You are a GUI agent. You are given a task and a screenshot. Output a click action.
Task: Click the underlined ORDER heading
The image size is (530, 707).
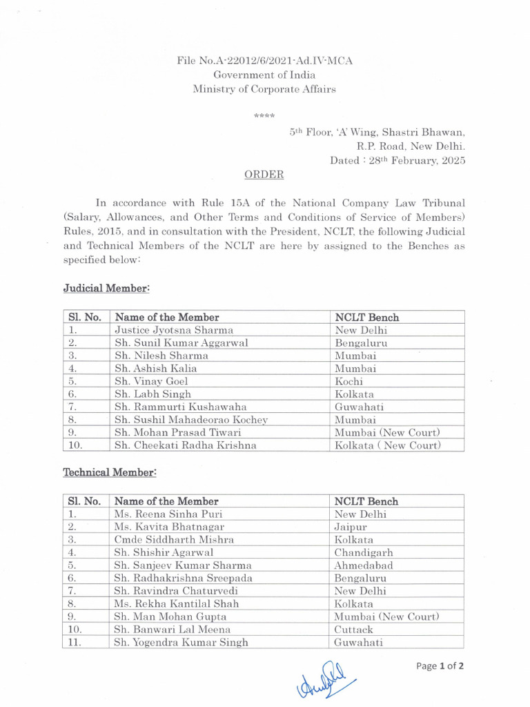coord(265,175)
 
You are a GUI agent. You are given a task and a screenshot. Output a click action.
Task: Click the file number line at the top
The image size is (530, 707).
coord(265,61)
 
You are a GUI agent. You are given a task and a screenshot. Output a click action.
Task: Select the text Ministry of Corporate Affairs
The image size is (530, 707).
coord(265,89)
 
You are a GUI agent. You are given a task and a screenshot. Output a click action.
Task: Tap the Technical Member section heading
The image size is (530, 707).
coord(110,472)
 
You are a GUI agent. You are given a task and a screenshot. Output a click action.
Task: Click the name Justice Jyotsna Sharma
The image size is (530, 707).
coord(174,330)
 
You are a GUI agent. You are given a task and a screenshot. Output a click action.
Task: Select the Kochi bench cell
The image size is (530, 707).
coord(349,381)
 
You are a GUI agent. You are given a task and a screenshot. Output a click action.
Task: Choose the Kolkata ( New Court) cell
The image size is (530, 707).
coord(387,445)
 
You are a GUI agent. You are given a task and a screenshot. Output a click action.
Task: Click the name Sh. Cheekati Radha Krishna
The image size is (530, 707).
coord(186,445)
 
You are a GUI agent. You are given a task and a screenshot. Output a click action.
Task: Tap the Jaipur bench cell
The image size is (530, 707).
coord(351,527)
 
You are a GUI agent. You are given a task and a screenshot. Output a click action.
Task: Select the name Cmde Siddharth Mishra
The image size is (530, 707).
coord(175,540)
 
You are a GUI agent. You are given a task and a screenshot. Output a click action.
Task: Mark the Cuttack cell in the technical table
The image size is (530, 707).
coord(353,630)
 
